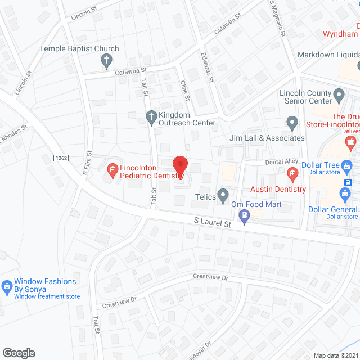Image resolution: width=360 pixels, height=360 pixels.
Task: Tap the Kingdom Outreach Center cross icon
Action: [x=151, y=117]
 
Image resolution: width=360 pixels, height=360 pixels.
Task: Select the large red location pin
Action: [x=180, y=166]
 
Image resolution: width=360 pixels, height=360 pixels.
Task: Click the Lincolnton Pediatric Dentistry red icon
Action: [x=112, y=168]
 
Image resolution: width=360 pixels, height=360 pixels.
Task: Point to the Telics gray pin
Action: [x=223, y=196]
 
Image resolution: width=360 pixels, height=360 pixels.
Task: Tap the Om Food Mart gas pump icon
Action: [x=244, y=214]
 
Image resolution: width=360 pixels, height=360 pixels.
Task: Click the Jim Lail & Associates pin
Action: [x=292, y=122]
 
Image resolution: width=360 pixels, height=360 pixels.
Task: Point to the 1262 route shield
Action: [x=61, y=158]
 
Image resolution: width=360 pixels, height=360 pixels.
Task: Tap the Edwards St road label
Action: [x=207, y=67]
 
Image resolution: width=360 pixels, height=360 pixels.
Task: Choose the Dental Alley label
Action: [x=282, y=161]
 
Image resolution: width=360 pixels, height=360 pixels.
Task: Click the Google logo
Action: [x=19, y=353]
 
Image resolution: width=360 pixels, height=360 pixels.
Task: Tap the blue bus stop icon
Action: [x=348, y=182]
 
